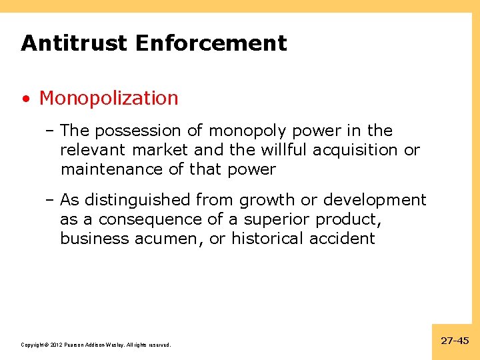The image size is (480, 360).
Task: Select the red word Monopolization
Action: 109,98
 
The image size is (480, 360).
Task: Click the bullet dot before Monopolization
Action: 25,99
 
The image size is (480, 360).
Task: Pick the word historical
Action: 268,239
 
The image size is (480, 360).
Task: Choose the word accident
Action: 342,239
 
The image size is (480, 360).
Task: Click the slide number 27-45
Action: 455,341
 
